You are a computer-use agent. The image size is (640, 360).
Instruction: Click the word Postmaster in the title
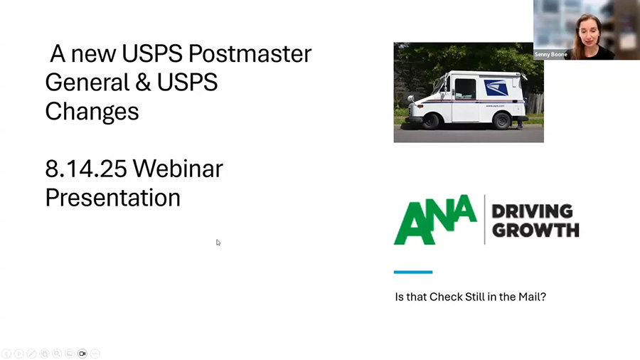click(250, 54)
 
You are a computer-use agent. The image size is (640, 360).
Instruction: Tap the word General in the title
click(87, 83)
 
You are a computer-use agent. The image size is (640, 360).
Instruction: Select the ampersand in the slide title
click(143, 83)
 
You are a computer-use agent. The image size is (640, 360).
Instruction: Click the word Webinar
click(178, 169)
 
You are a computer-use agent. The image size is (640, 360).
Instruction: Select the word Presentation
click(112, 198)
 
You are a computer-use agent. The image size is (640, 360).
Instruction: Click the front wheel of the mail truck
click(430, 121)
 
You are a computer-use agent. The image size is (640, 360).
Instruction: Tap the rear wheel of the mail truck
click(501, 120)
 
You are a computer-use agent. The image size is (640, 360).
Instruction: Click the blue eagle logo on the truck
click(496, 88)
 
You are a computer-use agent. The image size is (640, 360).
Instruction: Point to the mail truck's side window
click(465, 88)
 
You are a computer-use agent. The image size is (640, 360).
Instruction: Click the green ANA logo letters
click(435, 220)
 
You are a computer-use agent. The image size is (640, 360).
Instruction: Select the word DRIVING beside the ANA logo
click(532, 211)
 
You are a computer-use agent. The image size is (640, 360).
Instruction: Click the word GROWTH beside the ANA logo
click(535, 231)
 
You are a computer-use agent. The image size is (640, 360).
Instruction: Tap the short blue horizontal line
click(413, 272)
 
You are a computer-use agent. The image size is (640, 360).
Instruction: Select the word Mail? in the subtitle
click(532, 297)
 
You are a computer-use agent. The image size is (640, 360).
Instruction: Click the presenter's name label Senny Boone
click(550, 54)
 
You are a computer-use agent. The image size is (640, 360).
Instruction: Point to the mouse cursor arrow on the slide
click(218, 243)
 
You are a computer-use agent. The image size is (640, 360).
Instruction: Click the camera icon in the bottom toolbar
click(82, 354)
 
